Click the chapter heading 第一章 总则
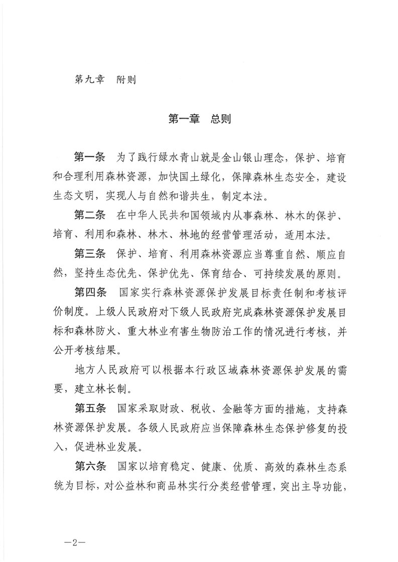pyautogui.click(x=199, y=119)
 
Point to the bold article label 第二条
pyautogui.click(x=89, y=217)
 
